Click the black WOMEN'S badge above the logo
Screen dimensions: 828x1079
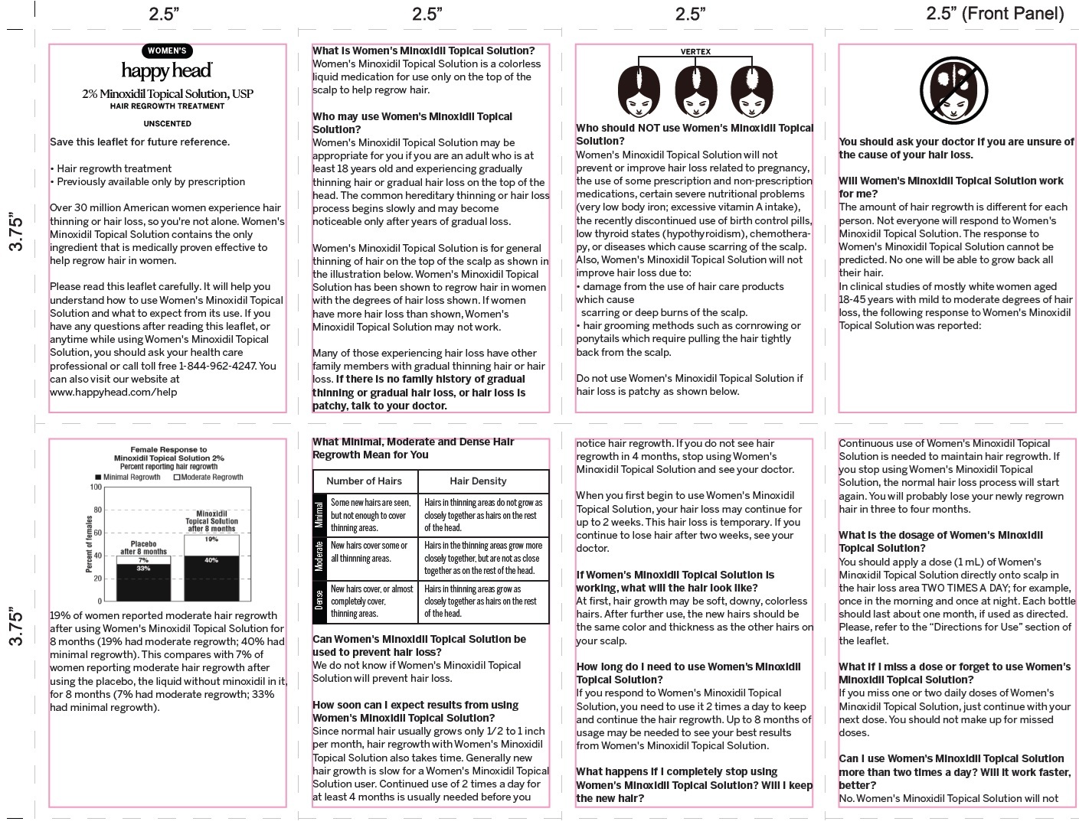pyautogui.click(x=167, y=51)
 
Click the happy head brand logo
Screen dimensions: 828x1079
pyautogui.click(x=167, y=70)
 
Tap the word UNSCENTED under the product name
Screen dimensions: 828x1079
pyautogui.click(x=167, y=123)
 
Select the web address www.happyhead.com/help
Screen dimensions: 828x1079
pyautogui.click(x=113, y=392)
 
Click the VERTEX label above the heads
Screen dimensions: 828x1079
pyautogui.click(x=695, y=52)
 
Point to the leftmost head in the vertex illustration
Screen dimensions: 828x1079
pyautogui.click(x=639, y=90)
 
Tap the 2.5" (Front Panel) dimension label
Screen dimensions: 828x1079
pyautogui.click(x=995, y=13)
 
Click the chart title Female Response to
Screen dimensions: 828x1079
pyautogui.click(x=168, y=450)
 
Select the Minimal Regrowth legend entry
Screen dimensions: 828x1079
pyautogui.click(x=128, y=478)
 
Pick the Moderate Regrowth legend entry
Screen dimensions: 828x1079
pyautogui.click(x=208, y=478)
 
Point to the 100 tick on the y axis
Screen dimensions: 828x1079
pyautogui.click(x=96, y=487)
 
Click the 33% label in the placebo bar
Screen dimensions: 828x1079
pyautogui.click(x=143, y=569)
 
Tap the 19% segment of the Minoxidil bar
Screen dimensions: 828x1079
pyautogui.click(x=211, y=540)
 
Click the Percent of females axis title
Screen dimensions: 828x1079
pyautogui.click(x=89, y=544)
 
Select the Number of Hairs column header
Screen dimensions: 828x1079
pyautogui.click(x=364, y=481)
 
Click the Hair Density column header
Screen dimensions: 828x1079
pyautogui.click(x=478, y=481)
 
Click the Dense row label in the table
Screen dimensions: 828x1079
pyautogui.click(x=319, y=600)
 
